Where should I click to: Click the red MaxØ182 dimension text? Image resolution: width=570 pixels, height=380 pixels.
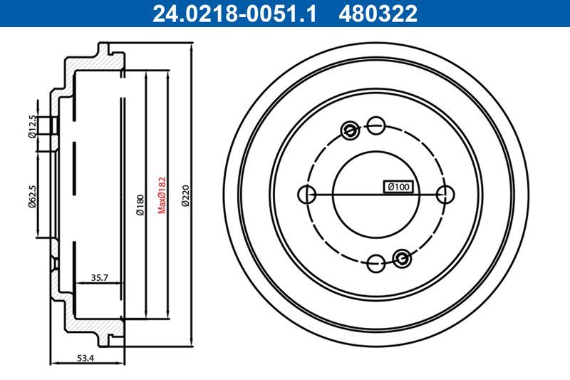[x=162, y=194]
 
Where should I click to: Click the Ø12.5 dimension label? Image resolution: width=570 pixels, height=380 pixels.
[x=32, y=125]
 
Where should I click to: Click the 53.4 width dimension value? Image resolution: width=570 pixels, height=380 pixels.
[x=86, y=359]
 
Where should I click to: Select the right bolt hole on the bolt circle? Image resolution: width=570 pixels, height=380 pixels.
[x=445, y=194]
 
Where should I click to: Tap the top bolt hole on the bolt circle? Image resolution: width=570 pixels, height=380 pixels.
[x=376, y=125]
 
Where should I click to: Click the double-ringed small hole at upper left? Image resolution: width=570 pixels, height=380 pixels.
[x=350, y=130]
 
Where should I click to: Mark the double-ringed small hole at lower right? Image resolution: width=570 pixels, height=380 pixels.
[x=402, y=258]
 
